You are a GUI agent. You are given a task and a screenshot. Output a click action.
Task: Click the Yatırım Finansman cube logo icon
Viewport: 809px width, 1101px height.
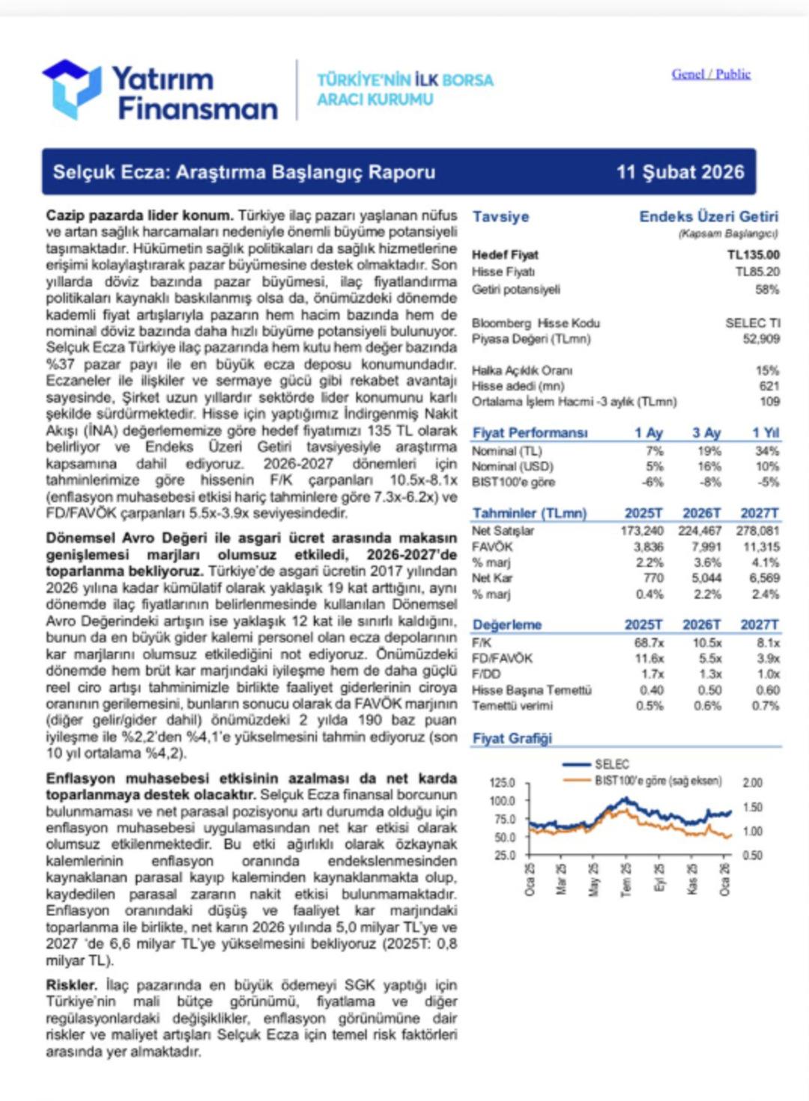pos(72,88)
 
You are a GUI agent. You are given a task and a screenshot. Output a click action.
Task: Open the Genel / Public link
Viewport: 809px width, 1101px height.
pos(710,74)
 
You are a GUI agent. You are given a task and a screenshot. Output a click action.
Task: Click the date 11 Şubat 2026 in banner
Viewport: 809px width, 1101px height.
pos(680,172)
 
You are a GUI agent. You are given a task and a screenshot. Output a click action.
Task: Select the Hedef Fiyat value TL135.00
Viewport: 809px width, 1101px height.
pos(753,255)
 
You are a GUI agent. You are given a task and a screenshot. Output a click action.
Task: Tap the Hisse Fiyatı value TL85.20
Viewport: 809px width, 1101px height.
pos(757,272)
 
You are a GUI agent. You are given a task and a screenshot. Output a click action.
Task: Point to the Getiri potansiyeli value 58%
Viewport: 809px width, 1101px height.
pos(767,290)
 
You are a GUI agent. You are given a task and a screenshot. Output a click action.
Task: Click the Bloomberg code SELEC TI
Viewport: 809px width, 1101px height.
pos(752,323)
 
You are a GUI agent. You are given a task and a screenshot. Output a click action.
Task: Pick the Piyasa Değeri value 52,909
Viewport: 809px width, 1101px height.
pos(760,339)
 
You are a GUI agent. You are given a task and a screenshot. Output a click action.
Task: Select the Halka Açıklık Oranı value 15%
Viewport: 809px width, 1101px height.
pos(767,370)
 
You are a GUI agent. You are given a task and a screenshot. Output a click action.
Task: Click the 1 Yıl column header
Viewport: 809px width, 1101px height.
pos(765,433)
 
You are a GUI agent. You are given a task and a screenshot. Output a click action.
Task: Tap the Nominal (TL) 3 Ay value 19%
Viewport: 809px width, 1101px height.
pos(709,451)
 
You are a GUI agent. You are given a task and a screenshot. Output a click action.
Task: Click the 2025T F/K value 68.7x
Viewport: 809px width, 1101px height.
pos(648,643)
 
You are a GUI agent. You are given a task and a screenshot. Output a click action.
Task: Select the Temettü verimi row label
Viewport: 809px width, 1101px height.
pos(512,706)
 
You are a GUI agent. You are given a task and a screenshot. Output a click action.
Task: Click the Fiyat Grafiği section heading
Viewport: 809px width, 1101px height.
pos(512,739)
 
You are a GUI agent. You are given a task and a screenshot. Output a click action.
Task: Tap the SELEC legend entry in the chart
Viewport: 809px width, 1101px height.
pos(611,764)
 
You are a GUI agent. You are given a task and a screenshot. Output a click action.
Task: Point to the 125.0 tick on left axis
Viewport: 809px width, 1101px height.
pos(502,783)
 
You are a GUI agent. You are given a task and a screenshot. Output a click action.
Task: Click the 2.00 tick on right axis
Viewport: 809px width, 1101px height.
pos(752,783)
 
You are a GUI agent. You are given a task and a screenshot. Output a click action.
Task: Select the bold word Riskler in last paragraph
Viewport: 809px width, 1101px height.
pos(71,985)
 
